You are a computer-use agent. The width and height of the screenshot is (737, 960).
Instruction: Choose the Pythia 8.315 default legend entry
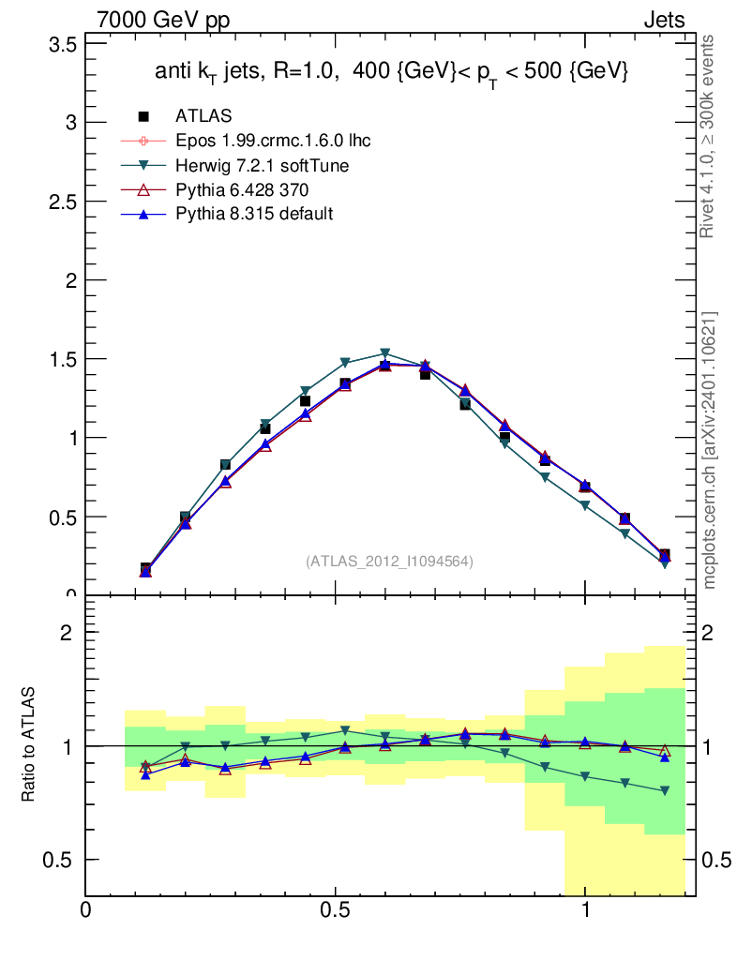pos(254,214)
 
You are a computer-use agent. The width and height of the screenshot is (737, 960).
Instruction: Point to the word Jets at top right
pos(663,21)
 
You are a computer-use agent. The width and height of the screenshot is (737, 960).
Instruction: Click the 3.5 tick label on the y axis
pos(59,44)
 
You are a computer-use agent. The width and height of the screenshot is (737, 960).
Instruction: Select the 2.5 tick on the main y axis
pos(59,202)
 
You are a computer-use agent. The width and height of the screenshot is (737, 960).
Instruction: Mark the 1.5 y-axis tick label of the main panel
pos(59,359)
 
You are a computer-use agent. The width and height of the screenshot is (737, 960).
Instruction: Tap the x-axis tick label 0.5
pos(335,909)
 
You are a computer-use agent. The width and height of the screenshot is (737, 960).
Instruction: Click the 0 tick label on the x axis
pos(86,909)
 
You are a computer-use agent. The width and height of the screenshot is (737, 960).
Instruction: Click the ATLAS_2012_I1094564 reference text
pos(389,562)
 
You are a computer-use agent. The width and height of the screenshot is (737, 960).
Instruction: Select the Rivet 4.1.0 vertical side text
pos(709,136)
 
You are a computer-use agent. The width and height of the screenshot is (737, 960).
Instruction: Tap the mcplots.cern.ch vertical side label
pos(709,450)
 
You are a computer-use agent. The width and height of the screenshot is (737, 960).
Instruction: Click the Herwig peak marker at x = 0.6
pos(384,354)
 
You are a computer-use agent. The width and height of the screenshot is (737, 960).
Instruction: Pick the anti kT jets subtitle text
pos(391,73)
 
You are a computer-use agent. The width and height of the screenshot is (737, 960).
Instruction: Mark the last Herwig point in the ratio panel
pos(665,791)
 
